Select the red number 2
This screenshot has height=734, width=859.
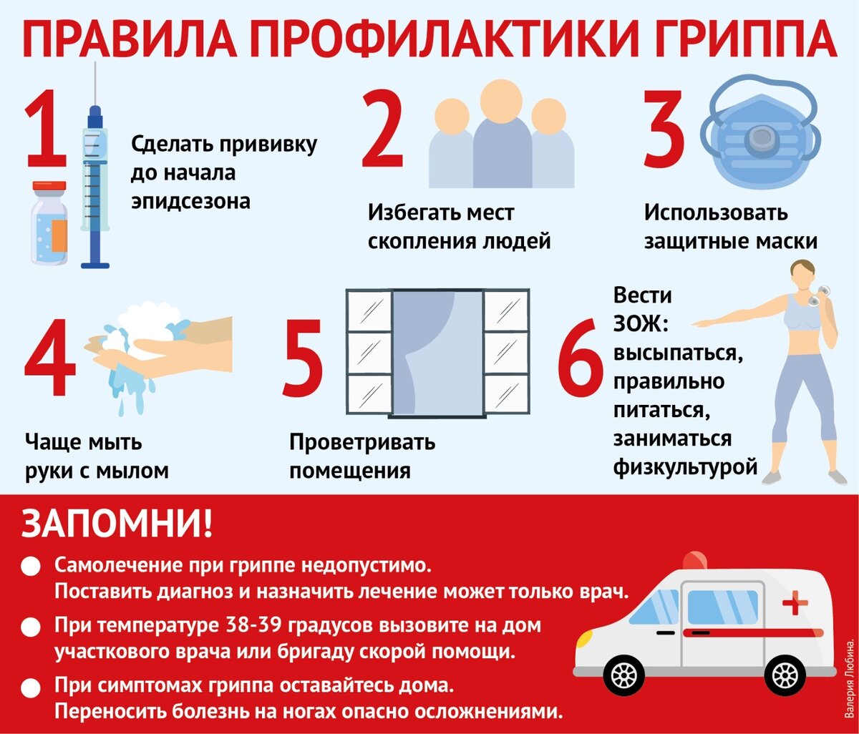point(382,129)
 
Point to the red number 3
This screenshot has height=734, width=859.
point(664,129)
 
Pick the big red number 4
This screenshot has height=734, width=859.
point(50,357)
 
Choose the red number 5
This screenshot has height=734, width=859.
point(303,358)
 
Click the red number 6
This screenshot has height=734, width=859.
point(580,358)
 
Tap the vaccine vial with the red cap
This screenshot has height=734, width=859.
point(49,222)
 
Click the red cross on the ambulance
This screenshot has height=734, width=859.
point(795,602)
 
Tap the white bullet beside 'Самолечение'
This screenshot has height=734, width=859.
point(31,566)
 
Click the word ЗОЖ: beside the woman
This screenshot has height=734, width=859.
point(641,324)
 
